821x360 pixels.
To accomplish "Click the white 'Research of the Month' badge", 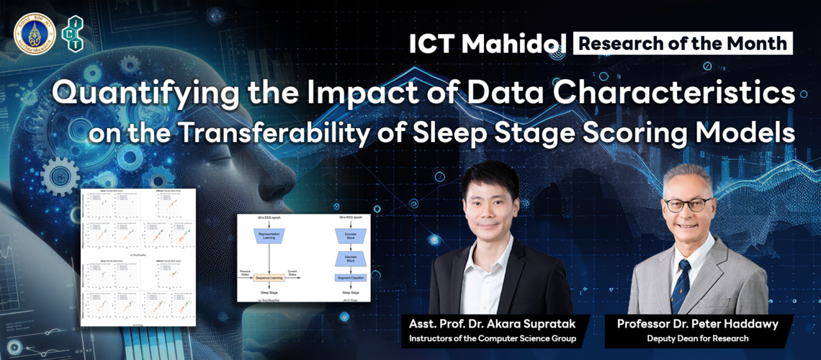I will coord(683,42).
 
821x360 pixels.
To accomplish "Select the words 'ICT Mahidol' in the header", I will coord(488,43).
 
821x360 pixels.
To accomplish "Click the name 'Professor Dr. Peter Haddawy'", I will coord(697,324).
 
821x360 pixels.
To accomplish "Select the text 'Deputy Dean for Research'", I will coord(697,338).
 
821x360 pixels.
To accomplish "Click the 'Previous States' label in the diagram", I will coord(247,272).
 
